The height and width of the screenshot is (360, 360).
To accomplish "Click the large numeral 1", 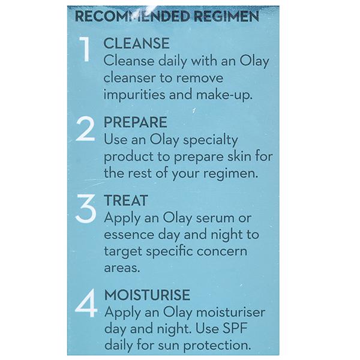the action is coord(85,49).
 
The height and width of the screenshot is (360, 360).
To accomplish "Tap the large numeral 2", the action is coord(85,128).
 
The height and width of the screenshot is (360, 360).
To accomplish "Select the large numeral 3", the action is coord(85,208).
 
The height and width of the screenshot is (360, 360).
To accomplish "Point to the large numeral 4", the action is coord(86,303).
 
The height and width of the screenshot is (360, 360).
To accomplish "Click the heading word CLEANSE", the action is coord(137,43).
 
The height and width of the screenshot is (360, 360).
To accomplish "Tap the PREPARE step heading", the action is coord(136,122).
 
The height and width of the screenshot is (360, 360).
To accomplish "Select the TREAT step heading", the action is coord(126,200).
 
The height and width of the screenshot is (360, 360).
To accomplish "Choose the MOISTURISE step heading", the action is coord(147,295).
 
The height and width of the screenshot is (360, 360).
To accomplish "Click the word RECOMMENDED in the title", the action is coord(133,16).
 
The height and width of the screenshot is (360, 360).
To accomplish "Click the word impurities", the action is coord(134,95).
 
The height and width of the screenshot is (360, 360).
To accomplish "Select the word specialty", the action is coord(211,140).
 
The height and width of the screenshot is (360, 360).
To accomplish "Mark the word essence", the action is coord(129,235).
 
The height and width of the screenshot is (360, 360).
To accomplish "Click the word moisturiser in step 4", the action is coord(231,312).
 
